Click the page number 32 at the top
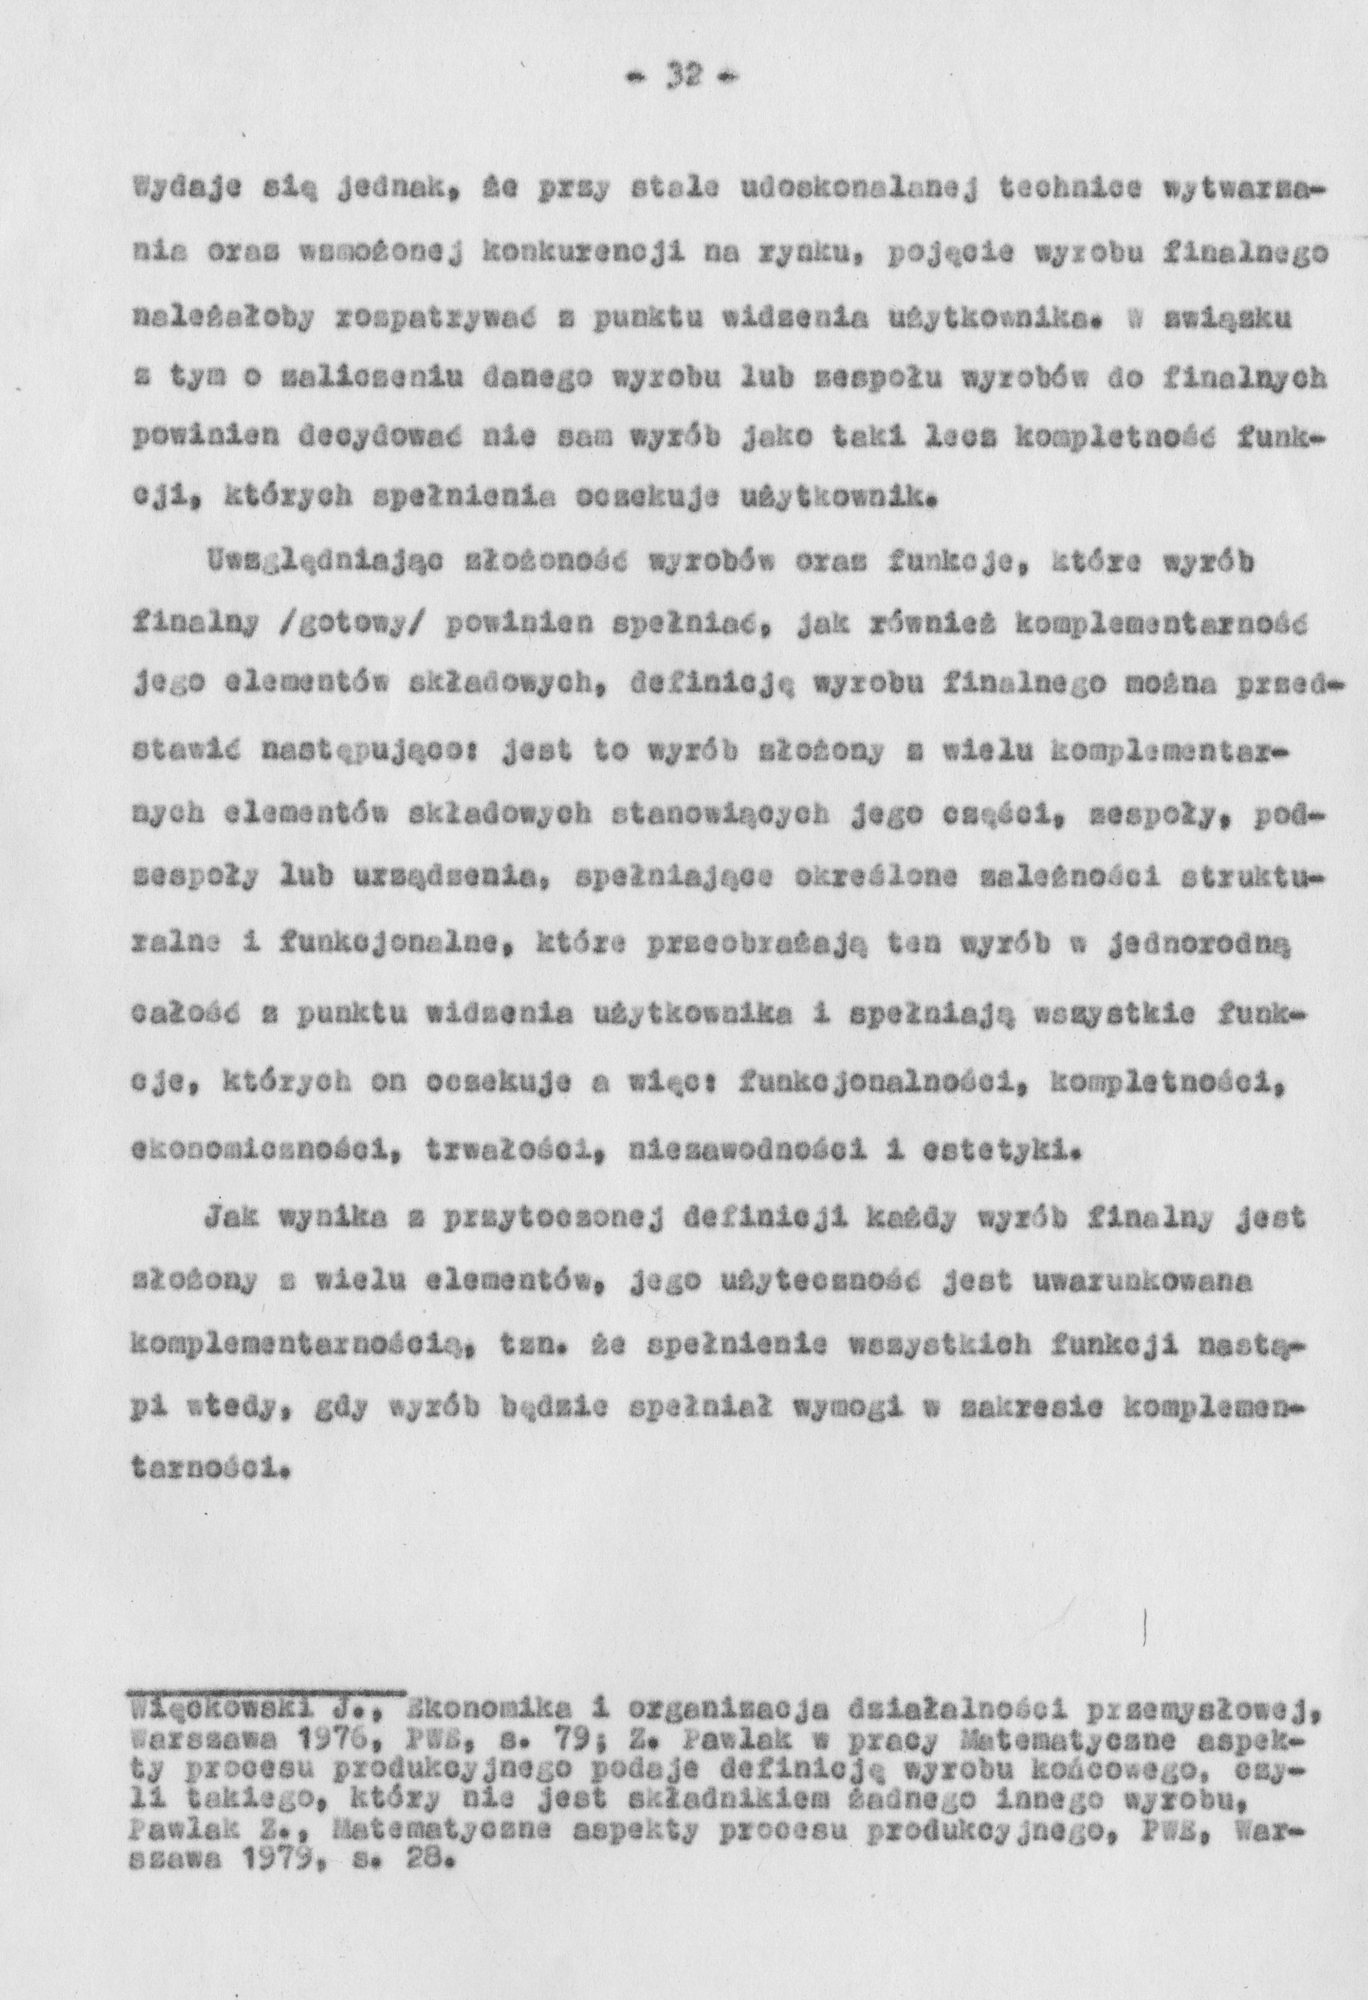[681, 80]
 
